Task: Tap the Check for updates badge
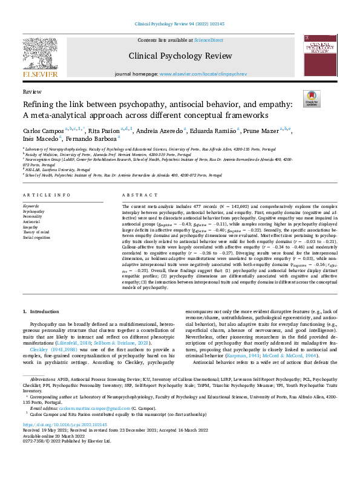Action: [311, 98]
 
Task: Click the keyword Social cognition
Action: [37, 238]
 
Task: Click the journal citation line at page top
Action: [180, 24]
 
